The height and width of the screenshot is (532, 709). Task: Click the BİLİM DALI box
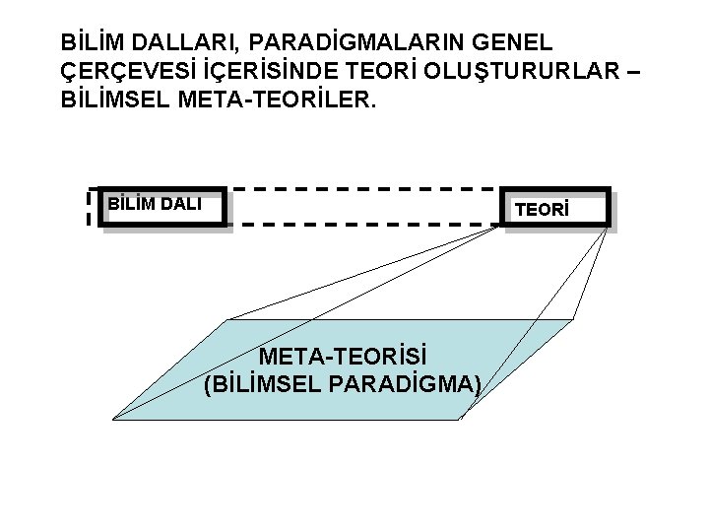163,207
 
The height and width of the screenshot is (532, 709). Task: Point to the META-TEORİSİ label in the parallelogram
344,356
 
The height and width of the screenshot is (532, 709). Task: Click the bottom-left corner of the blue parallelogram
114,419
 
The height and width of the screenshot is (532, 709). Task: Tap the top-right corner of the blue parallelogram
573,320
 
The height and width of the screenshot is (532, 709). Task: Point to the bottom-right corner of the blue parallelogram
459,419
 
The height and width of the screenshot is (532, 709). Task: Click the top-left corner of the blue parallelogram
228,320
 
